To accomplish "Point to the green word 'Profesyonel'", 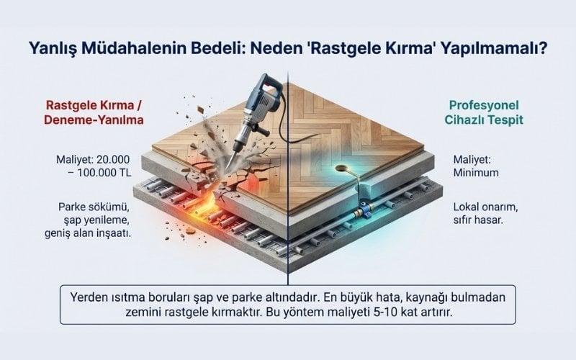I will point(477,104).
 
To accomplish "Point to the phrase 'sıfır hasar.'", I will point(480,222).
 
